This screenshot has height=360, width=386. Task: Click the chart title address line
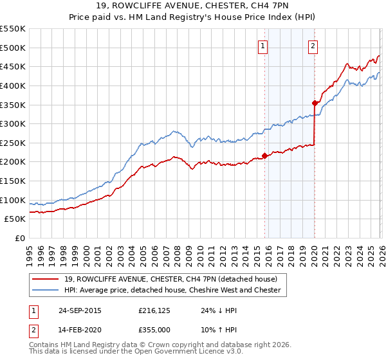[193, 6]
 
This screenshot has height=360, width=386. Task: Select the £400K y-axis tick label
[13, 85]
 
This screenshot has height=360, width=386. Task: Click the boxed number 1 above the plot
[264, 46]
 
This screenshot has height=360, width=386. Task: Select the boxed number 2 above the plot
[313, 46]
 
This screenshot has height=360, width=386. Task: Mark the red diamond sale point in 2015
[265, 156]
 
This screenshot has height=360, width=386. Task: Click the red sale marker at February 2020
[315, 103]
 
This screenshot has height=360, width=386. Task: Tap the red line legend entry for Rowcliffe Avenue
[171, 279]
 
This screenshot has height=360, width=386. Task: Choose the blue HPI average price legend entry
[172, 290]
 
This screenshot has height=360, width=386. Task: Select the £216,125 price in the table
[154, 310]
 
